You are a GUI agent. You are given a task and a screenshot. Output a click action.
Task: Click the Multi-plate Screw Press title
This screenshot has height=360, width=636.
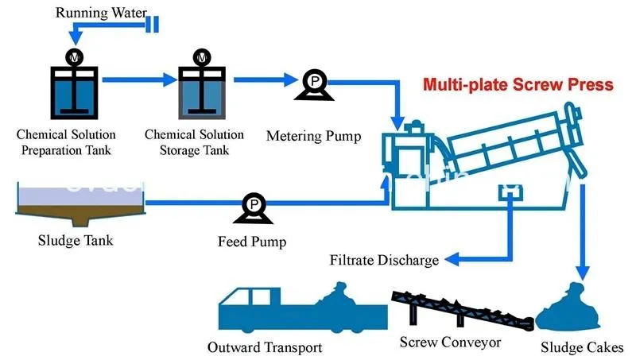(x=518, y=84)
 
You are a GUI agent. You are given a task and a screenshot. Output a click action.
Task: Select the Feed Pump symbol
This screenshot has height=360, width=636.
(x=252, y=208)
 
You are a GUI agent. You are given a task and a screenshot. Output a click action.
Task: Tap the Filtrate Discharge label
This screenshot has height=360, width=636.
(x=384, y=260)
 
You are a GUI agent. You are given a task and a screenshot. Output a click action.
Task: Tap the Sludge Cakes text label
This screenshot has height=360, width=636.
(x=582, y=347)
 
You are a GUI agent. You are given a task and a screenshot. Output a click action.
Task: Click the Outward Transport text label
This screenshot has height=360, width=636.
(x=265, y=347)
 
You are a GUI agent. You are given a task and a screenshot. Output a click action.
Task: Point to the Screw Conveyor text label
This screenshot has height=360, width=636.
(x=450, y=343)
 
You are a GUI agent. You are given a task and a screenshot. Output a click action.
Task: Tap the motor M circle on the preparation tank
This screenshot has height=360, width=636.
(x=74, y=57)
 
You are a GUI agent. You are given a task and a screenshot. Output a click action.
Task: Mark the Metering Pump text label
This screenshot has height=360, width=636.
(x=313, y=136)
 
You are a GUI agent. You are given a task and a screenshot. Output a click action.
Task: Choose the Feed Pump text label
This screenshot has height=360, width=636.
(x=251, y=240)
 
